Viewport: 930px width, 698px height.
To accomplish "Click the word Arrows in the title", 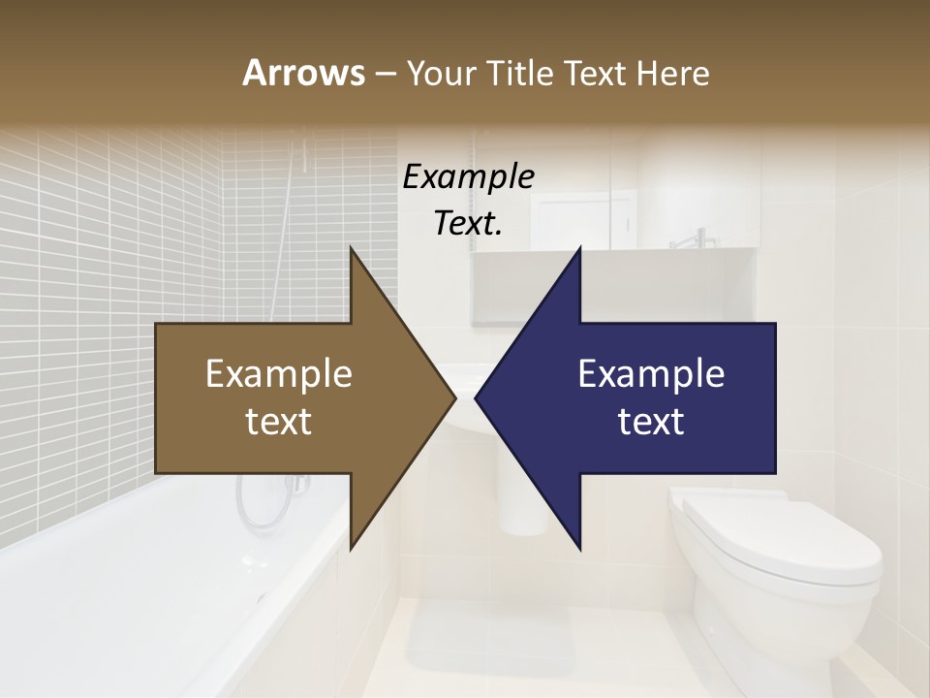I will coord(302,74).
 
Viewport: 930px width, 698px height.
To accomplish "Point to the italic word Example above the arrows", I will coord(468,177).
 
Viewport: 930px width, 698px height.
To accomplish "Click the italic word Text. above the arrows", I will coord(468,224).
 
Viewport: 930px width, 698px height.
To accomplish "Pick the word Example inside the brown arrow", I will coord(279,374).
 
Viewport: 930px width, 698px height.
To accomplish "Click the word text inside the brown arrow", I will coord(279,421).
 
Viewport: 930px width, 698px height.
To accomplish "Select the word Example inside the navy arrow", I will coord(651,374).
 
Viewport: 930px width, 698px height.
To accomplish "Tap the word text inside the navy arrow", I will coord(651,421).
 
